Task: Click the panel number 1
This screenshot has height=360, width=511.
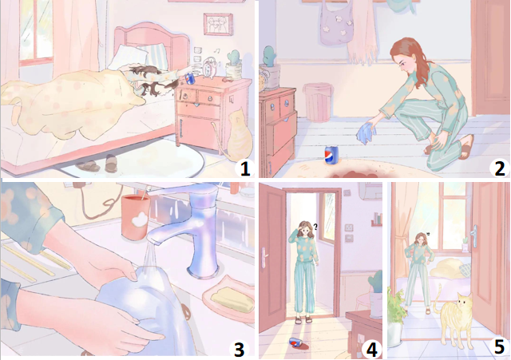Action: pos(244,168)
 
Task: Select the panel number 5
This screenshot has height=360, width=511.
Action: pos(499,346)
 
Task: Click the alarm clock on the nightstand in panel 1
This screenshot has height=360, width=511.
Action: pos(208,68)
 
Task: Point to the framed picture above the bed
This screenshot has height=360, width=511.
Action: pos(218,24)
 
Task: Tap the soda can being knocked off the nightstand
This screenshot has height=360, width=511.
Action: pos(189,78)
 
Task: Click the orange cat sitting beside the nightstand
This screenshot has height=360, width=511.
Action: pos(237,136)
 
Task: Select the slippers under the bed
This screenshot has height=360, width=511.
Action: pos(97,164)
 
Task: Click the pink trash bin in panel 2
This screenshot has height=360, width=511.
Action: pos(318,102)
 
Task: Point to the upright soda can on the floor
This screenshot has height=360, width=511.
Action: pos(331,156)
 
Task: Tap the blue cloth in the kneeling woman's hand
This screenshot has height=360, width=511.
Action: pos(366,133)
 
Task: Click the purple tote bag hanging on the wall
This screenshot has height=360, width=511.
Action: pos(337,23)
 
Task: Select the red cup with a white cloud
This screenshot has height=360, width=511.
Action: pos(135,216)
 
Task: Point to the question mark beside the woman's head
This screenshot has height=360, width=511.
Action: pos(315,227)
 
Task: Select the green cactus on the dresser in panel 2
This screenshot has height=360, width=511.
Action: pos(270,57)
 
